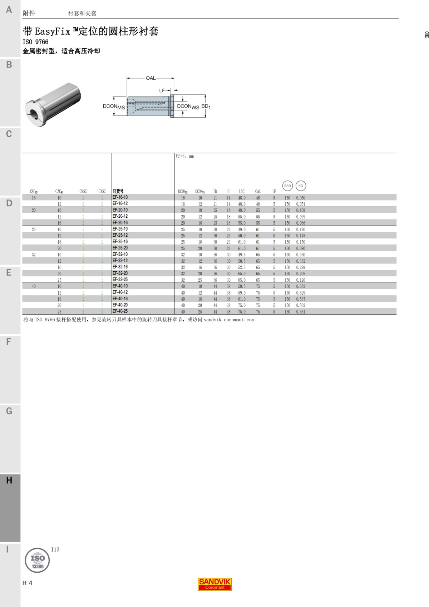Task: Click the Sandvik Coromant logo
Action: (x=215, y=584)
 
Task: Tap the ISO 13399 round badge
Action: (x=37, y=560)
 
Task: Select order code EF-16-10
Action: (x=120, y=197)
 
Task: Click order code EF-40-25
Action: (x=120, y=311)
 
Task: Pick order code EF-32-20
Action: (x=120, y=273)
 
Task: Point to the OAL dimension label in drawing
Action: (x=151, y=78)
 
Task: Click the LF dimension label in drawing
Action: (x=162, y=91)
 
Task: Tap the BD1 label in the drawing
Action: (x=206, y=107)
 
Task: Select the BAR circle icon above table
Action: (x=287, y=186)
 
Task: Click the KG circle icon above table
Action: (x=301, y=186)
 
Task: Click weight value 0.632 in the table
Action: (x=301, y=286)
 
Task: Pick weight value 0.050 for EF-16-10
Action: (x=301, y=198)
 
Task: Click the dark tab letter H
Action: (x=9, y=480)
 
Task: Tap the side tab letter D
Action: (x=9, y=203)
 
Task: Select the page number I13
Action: (x=55, y=549)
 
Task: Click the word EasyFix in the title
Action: (x=53, y=32)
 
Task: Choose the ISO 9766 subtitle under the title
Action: (x=35, y=42)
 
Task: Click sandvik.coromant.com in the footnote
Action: (x=229, y=320)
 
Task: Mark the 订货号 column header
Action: (x=118, y=191)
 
